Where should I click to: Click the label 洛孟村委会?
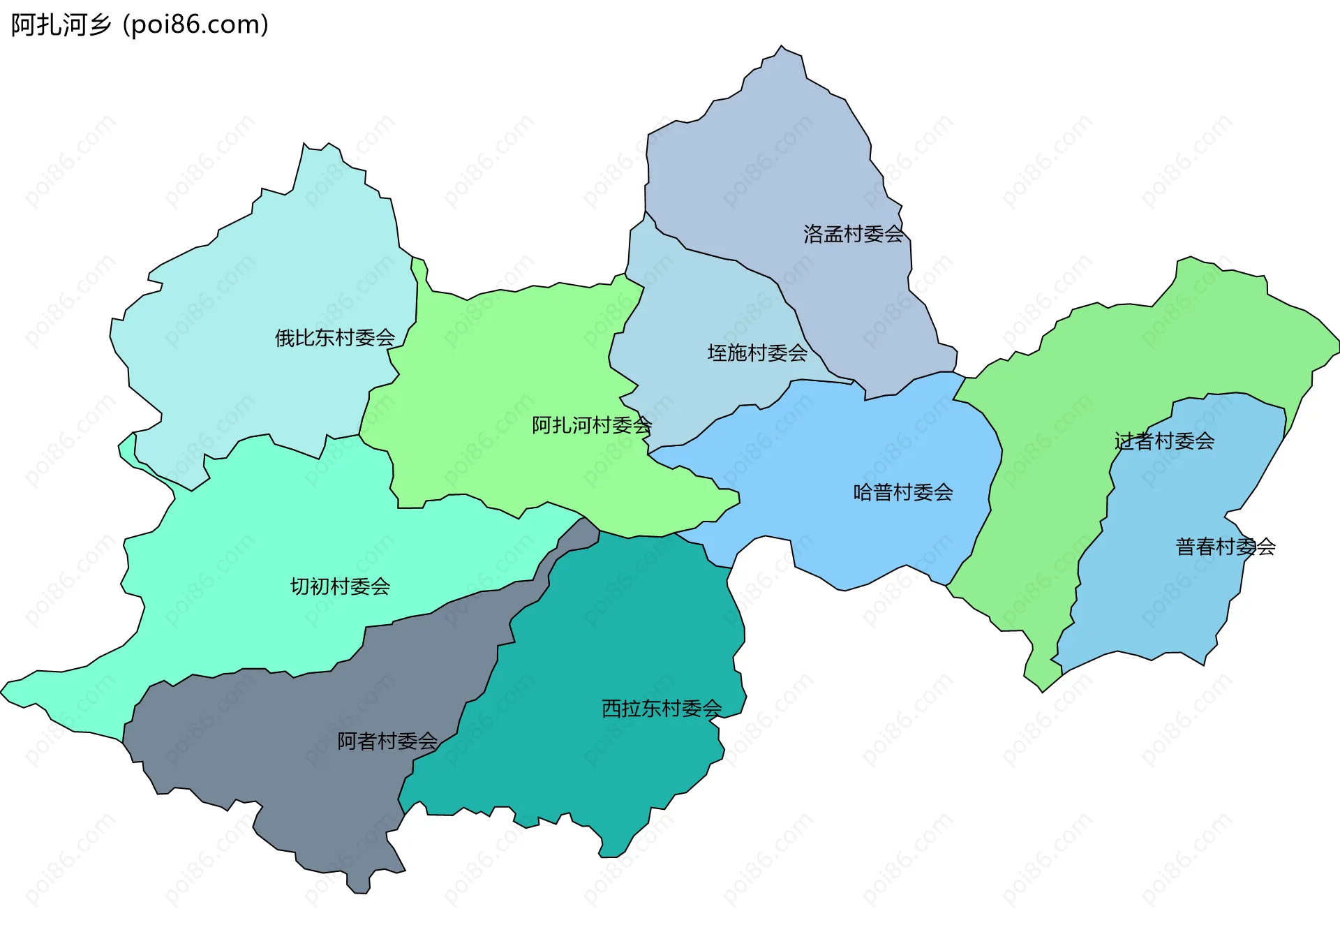pos(853,234)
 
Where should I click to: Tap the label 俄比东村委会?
pos(335,338)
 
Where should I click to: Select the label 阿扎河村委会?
pos(592,425)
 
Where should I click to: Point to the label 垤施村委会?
pos(757,353)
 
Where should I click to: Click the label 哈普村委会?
pos(903,493)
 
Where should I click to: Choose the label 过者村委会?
pos(1164,441)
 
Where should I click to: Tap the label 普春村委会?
pos(1226,547)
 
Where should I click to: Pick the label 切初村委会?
pos(340,586)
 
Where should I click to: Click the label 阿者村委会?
pos(387,741)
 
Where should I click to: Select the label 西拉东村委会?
pos(662,709)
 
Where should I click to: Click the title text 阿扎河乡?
pos(61,25)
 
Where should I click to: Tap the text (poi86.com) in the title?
pos(195,25)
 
